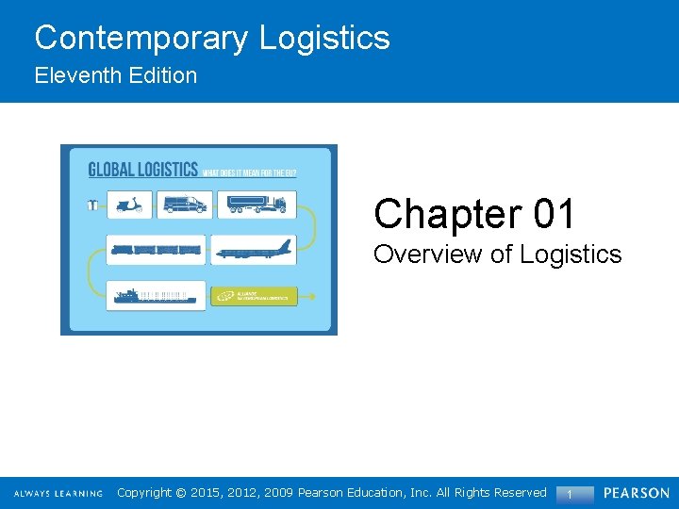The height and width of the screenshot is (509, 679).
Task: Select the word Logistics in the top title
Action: pos(324,38)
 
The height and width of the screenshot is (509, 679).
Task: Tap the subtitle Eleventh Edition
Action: pos(116,75)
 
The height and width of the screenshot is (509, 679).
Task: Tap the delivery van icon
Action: pos(185,204)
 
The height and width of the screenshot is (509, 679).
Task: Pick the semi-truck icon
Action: pos(255,204)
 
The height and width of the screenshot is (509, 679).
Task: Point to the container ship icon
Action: pos(155,296)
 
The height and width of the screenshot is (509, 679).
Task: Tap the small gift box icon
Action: pos(92,204)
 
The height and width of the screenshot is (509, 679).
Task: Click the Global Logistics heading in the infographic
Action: pos(142,171)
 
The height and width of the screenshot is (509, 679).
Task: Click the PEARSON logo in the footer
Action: pos(637,493)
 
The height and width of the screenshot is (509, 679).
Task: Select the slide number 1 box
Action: pos(570,494)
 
